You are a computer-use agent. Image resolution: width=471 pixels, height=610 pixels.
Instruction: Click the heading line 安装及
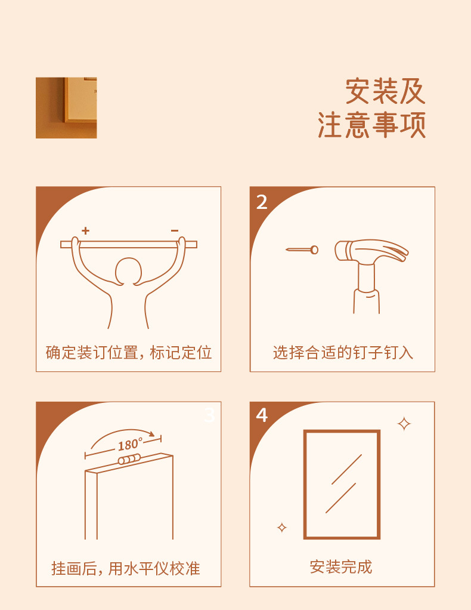(x=385, y=91)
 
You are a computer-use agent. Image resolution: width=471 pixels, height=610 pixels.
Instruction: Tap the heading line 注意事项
(x=372, y=125)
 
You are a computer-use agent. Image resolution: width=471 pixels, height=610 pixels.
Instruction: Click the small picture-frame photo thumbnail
(x=66, y=108)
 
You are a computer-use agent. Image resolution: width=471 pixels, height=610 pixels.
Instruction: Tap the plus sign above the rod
(x=85, y=231)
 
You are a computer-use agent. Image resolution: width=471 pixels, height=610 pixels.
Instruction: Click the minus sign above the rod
(x=175, y=231)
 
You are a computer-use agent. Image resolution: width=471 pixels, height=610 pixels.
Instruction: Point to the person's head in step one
(x=128, y=271)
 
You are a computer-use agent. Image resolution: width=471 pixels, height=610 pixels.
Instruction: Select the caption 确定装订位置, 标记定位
(x=129, y=353)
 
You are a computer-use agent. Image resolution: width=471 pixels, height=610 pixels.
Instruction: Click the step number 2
(x=262, y=202)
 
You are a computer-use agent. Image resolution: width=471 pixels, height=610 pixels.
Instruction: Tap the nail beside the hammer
(x=302, y=249)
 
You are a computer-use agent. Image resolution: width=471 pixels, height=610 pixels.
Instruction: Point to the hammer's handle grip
(x=367, y=301)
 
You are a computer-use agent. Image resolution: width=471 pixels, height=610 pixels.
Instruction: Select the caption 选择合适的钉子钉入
(x=343, y=353)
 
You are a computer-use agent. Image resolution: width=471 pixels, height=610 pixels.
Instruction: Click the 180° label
(x=131, y=444)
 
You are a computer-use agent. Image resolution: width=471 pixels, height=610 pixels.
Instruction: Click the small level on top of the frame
(x=129, y=459)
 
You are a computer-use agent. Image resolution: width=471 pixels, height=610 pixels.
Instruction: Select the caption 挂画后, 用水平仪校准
(x=126, y=568)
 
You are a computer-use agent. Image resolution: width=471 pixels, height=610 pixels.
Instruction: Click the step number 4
(x=262, y=415)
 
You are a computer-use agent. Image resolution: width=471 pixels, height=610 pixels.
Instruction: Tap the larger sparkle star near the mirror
(x=404, y=424)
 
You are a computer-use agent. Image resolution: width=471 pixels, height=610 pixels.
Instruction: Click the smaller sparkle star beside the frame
(x=282, y=527)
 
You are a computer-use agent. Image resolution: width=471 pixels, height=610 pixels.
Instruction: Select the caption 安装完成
(x=341, y=567)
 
